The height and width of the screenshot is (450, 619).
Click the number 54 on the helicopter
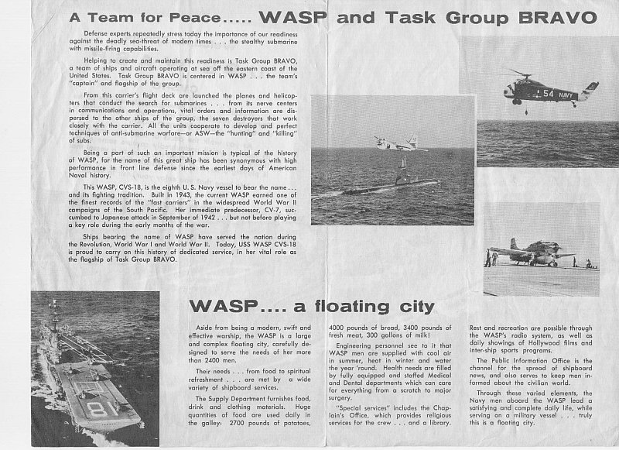547,93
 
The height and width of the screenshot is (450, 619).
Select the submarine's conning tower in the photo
401,168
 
